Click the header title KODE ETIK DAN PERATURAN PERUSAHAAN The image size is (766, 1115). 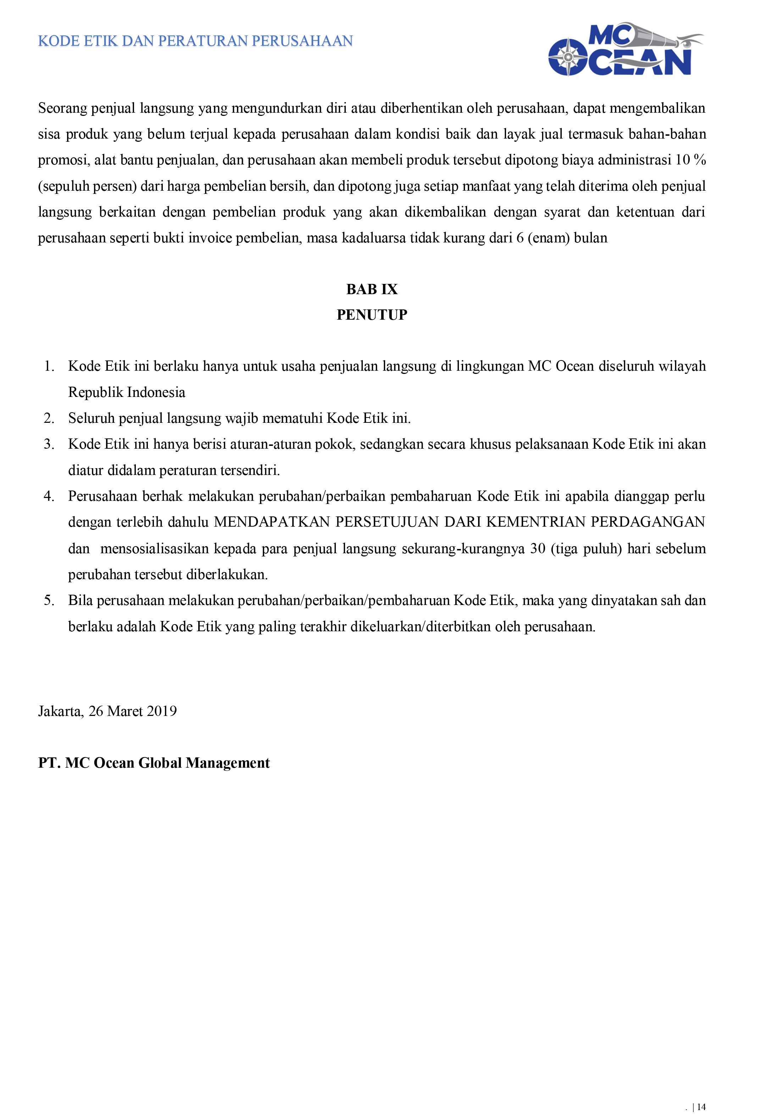point(195,41)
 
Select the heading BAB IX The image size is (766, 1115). point(372,289)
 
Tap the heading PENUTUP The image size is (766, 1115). point(372,315)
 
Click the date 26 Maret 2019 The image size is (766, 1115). point(133,711)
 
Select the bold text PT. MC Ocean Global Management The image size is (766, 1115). point(154,763)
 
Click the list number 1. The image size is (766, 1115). point(49,366)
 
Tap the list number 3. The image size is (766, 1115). point(49,444)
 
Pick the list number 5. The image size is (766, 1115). point(49,601)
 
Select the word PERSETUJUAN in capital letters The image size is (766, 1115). point(387,522)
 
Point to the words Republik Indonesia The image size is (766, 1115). point(127,392)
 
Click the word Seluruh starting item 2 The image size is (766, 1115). point(91,418)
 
